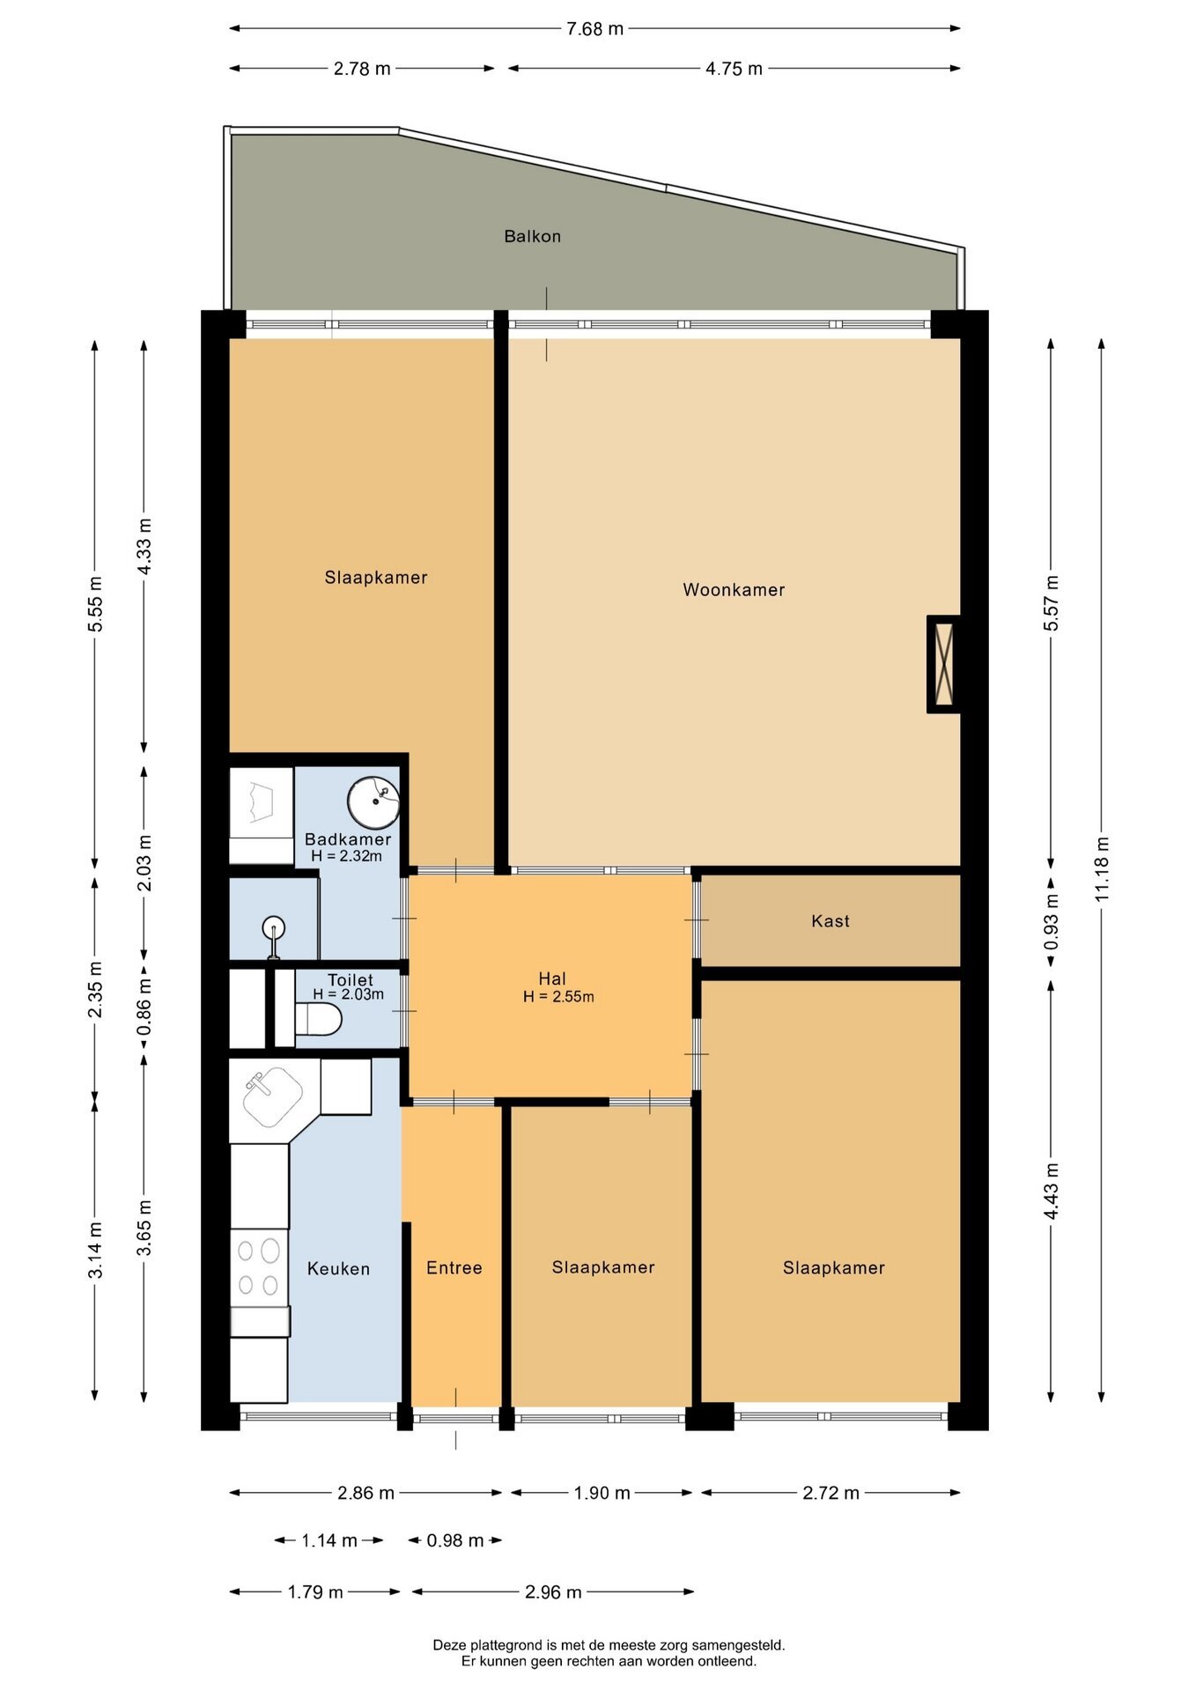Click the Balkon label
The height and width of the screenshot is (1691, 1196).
[532, 236]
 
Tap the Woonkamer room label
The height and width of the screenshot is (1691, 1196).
[734, 590]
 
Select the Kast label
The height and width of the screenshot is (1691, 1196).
[831, 921]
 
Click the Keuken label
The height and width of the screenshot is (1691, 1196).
[338, 1268]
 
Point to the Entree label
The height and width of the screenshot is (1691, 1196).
[454, 1267]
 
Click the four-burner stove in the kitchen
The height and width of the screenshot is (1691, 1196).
[259, 1268]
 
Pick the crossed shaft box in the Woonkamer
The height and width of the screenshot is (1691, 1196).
[943, 664]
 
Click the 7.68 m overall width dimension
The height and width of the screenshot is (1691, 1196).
[594, 29]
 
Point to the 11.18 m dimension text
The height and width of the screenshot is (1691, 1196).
[1102, 868]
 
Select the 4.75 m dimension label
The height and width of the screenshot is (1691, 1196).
[734, 69]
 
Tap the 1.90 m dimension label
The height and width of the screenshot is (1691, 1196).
[602, 1493]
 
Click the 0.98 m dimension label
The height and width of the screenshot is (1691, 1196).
[455, 1540]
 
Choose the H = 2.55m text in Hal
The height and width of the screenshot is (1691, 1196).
[558, 997]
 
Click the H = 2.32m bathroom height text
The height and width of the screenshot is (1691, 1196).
[346, 856]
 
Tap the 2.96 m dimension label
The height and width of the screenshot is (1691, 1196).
[553, 1591]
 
